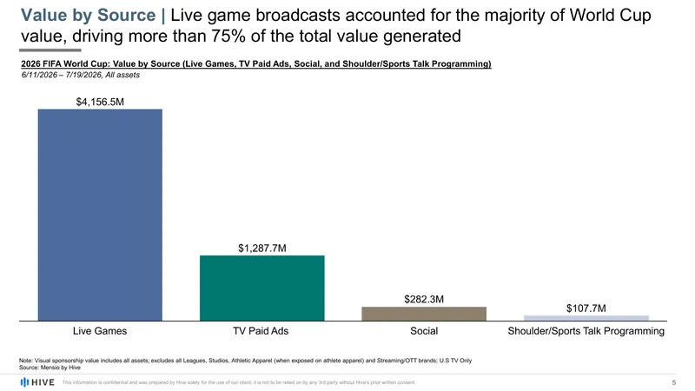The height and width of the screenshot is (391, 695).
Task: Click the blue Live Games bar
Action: pyautogui.click(x=100, y=215)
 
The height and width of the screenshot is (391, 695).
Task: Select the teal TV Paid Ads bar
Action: pyautogui.click(x=262, y=288)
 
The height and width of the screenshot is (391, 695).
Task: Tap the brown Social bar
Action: pyautogui.click(x=424, y=314)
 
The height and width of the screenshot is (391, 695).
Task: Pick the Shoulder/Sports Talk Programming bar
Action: pyautogui.click(x=586, y=318)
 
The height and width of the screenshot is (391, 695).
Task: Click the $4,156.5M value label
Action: pyautogui.click(x=100, y=102)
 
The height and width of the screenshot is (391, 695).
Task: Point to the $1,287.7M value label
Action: pyautogui.click(x=262, y=249)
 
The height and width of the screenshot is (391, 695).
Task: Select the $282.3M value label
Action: pyautogui.click(x=424, y=299)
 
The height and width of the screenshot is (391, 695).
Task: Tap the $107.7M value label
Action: pyautogui.click(x=586, y=308)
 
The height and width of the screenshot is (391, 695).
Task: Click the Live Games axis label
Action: pyautogui.click(x=100, y=331)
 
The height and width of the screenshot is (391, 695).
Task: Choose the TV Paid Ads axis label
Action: pyautogui.click(x=261, y=331)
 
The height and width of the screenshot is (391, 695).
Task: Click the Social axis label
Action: pyautogui.click(x=424, y=331)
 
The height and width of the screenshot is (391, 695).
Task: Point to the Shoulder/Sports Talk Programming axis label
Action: pyautogui.click(x=586, y=331)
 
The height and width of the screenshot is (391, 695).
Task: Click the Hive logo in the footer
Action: pyautogui.click(x=37, y=382)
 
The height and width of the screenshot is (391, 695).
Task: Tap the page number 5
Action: pyautogui.click(x=674, y=382)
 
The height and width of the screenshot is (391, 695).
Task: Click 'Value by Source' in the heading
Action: pyautogui.click(x=89, y=15)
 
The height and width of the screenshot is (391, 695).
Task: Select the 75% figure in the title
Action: pyautogui.click(x=228, y=36)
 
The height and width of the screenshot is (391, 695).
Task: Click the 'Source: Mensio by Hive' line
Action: pyautogui.click(x=50, y=368)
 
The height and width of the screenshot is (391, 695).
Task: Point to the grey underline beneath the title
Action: pyautogui.click(x=50, y=50)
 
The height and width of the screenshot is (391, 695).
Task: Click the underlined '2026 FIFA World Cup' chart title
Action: pyautogui.click(x=64, y=63)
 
